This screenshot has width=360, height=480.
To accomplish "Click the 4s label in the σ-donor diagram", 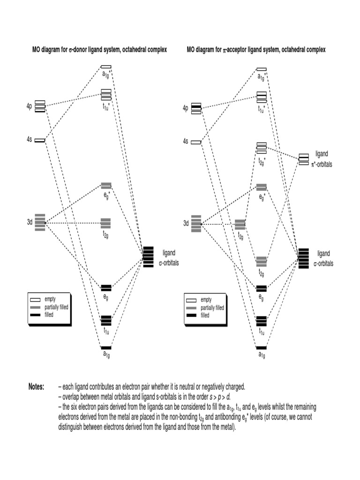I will [29, 139].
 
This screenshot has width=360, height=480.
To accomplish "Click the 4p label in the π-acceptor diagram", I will [186, 108].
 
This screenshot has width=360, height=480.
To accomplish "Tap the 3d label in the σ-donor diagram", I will [29, 223].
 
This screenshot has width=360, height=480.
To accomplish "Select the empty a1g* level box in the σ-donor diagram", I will [106, 67].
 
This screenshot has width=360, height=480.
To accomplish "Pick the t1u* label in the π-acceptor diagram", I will [262, 109].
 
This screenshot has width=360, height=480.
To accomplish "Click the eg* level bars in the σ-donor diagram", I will [106, 186].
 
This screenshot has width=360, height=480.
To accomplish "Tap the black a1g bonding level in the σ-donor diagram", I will [106, 347].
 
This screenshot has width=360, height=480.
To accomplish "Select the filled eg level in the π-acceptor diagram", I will [262, 287].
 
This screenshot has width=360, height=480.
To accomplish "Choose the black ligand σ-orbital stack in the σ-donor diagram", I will [149, 257].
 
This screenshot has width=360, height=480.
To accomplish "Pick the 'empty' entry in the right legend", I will [206, 300].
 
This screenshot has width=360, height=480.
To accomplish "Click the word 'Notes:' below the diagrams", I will [37, 387].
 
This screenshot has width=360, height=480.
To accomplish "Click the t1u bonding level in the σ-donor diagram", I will [106, 320].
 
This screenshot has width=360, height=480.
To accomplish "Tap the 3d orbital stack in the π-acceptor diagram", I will [196, 223].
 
